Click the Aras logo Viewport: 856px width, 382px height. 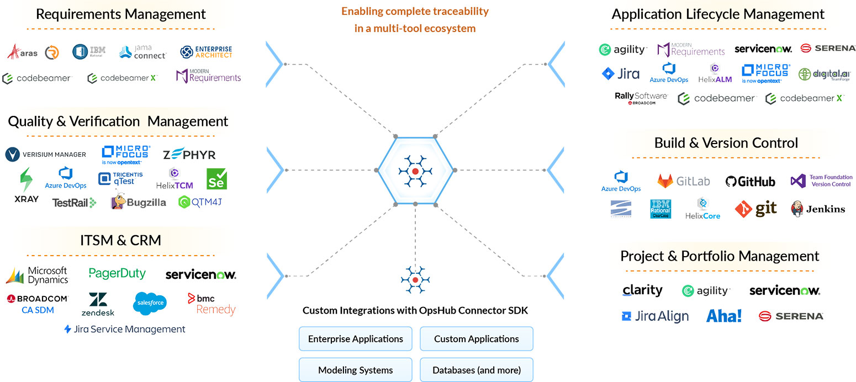pos(23,52)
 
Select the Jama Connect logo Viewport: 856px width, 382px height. pos(142,52)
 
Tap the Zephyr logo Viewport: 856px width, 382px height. pos(189,155)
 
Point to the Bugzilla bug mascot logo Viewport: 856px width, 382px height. pos(139,201)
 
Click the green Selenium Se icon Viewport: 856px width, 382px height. pos(216,179)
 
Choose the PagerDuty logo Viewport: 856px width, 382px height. pos(117,273)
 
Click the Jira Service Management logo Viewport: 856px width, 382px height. pos(125,330)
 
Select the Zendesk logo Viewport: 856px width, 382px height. pos(102,304)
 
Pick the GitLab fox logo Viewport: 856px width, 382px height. pos(683,181)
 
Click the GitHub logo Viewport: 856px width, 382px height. pos(750,182)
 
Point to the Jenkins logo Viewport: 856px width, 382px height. pos(818,209)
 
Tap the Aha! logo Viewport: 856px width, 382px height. pos(723,316)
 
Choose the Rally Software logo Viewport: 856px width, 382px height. pos(641,98)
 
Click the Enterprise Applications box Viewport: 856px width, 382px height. pos(356,339)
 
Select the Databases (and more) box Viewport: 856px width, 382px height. pos(477,370)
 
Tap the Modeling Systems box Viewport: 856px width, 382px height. pos(356,370)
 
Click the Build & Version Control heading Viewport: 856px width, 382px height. pos(726,143)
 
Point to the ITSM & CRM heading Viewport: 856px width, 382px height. pos(120,241)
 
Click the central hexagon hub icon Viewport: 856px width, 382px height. pos(415,171)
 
